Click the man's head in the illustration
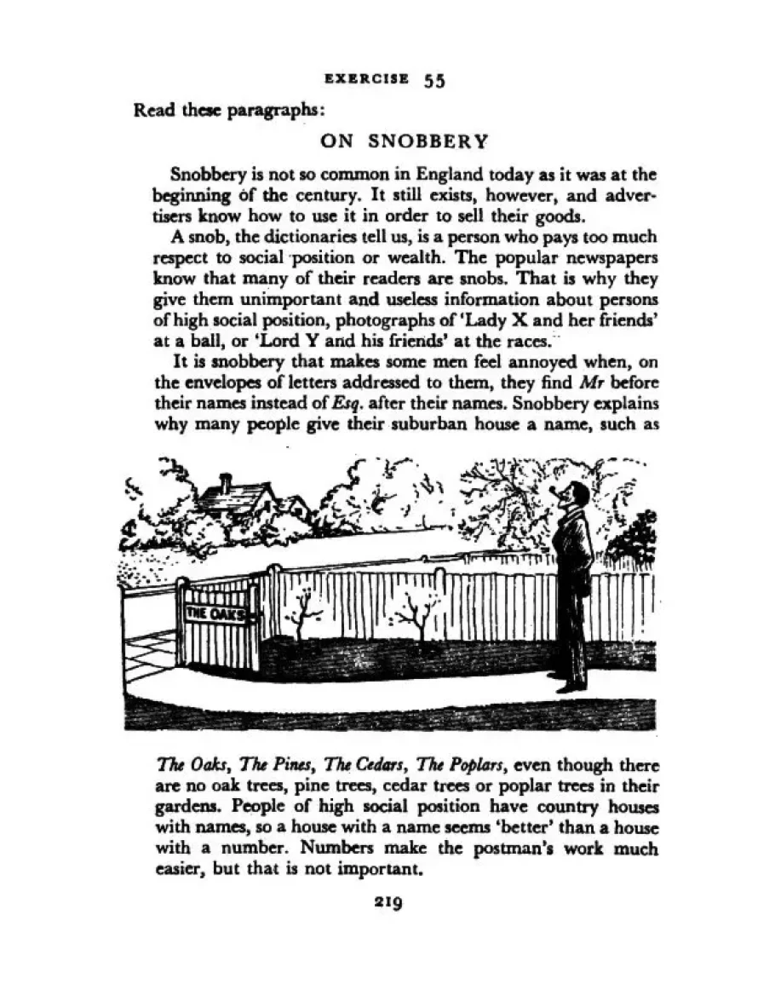pyautogui.click(x=577, y=496)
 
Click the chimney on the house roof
pyautogui.click(x=225, y=483)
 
